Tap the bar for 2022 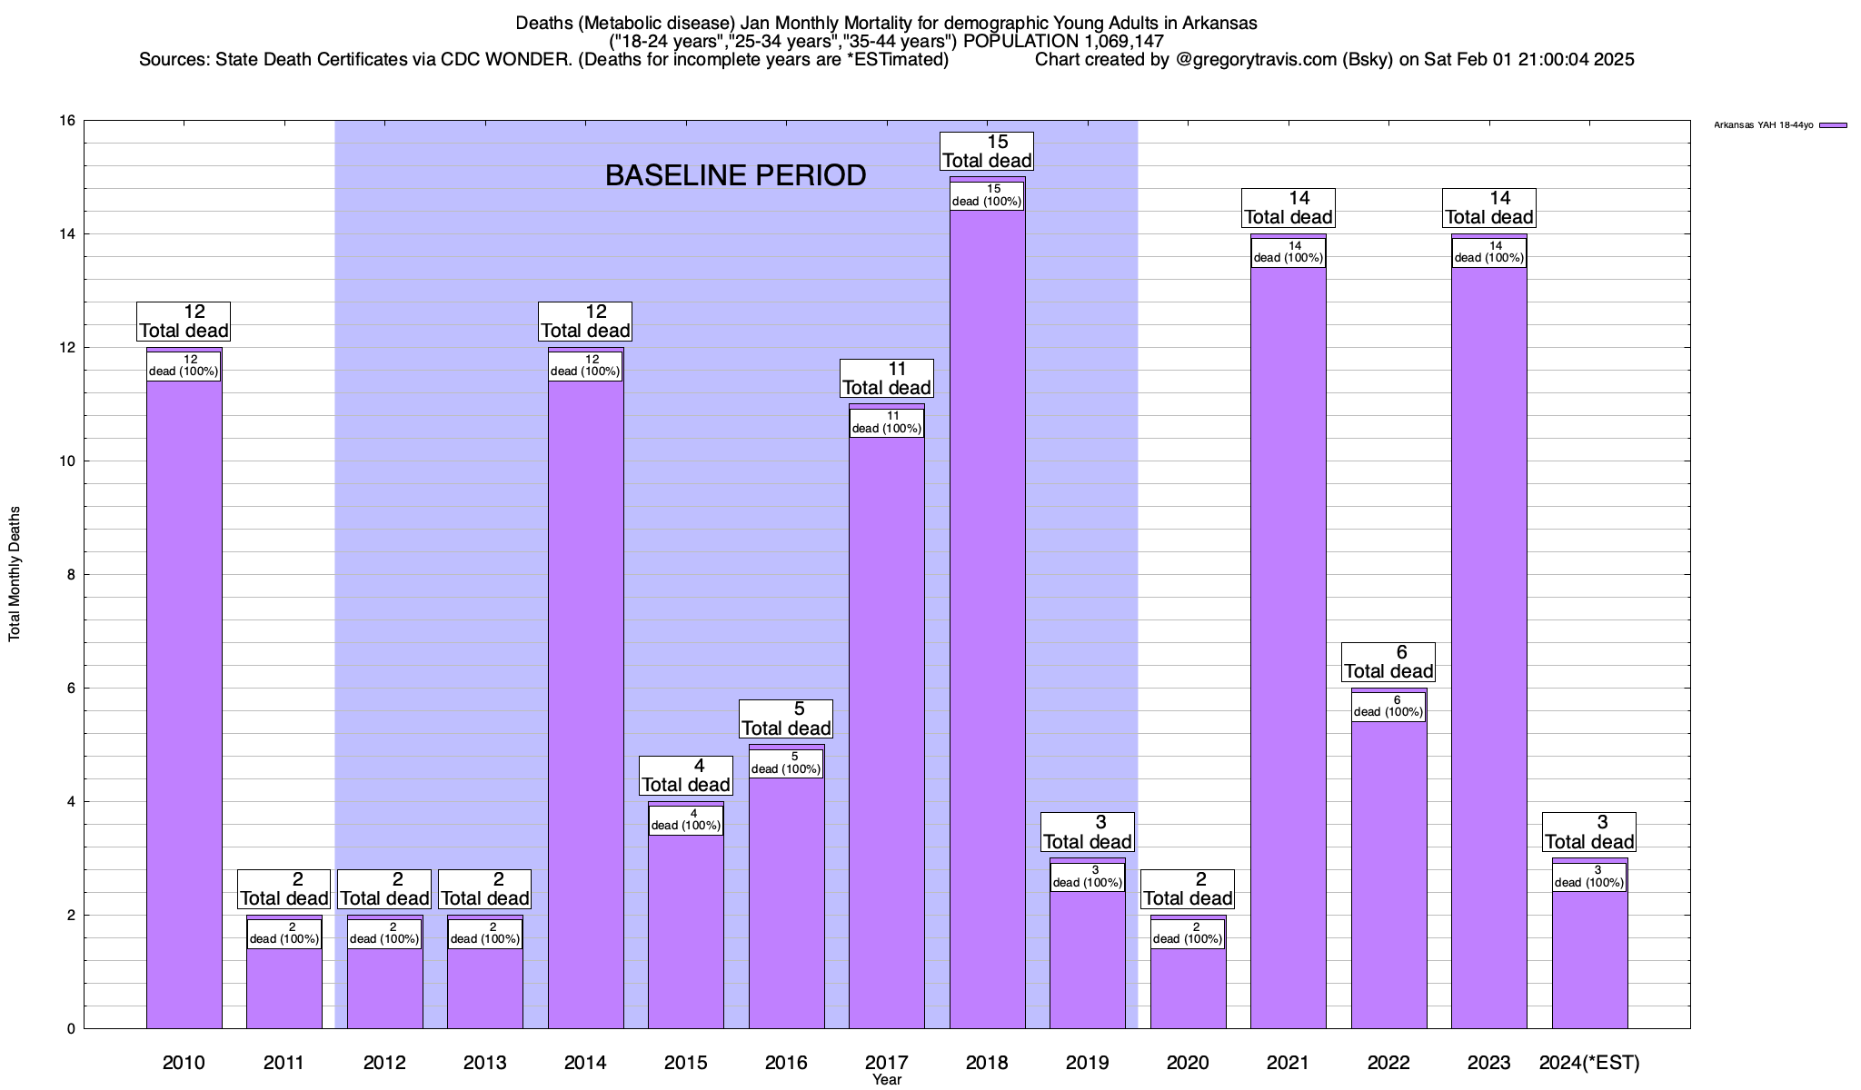[1388, 872]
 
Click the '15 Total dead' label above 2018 [987, 152]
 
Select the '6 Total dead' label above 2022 [1388, 662]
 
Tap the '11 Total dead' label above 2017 [886, 379]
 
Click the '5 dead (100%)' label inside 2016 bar [786, 763]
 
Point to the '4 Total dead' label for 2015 [686, 776]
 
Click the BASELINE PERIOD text [735, 175]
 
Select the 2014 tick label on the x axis [585, 1062]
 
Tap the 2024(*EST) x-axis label [1589, 1062]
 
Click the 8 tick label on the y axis [71, 575]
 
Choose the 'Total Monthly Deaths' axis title [15, 574]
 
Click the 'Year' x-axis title [886, 1079]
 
